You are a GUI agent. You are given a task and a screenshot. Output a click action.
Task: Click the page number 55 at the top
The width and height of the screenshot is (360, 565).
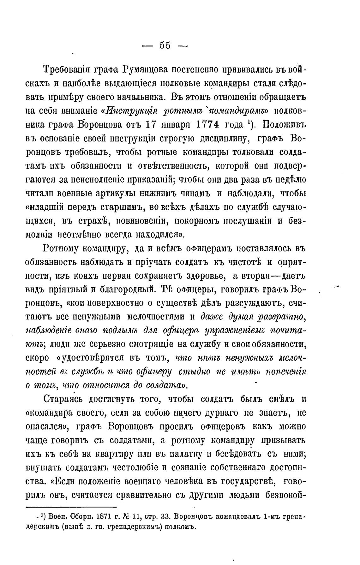[x=165, y=46]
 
